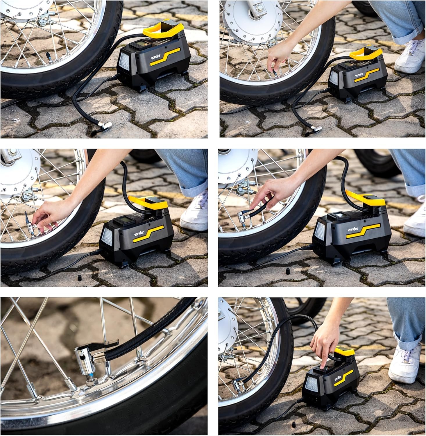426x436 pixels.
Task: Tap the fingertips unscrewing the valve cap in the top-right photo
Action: (x=273, y=71)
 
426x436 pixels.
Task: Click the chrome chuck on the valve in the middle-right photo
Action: (x=243, y=217)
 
